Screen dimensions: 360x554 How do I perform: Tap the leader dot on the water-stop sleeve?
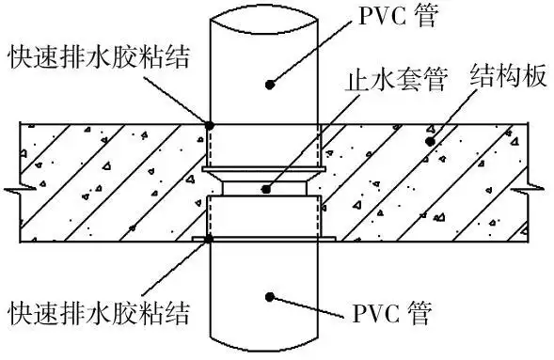pos(266,189)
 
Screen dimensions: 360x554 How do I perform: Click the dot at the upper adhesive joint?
pos(208,122)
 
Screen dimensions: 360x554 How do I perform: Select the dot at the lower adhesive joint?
pos(208,240)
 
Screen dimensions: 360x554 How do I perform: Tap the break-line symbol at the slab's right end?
pos(537,191)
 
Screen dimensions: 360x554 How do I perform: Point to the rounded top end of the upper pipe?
pos(264,11)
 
